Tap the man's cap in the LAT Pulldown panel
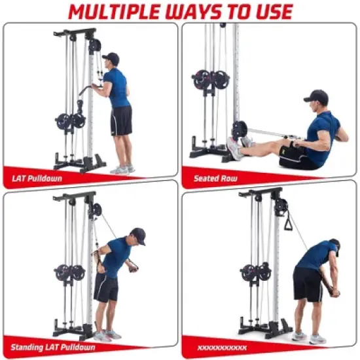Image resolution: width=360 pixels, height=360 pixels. point(112,58)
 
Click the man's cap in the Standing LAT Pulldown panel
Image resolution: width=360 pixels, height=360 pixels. point(137,234)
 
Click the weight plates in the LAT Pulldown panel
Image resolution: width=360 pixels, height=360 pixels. point(71,121)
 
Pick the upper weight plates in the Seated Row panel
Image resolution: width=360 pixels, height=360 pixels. point(211,79)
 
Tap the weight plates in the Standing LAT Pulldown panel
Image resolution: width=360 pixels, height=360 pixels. point(69,272)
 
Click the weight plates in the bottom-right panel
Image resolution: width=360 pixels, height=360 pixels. point(255,272)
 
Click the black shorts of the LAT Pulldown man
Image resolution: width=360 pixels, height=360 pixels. point(121,121)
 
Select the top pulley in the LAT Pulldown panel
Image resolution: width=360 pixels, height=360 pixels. point(95,46)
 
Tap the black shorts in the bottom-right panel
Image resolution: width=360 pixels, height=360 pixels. point(308,283)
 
